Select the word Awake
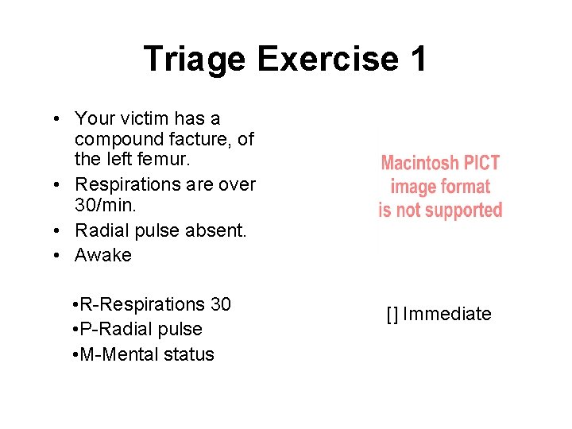click(103, 255)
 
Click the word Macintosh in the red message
click(419, 164)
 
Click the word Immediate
click(447, 314)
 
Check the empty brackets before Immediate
click(392, 314)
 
